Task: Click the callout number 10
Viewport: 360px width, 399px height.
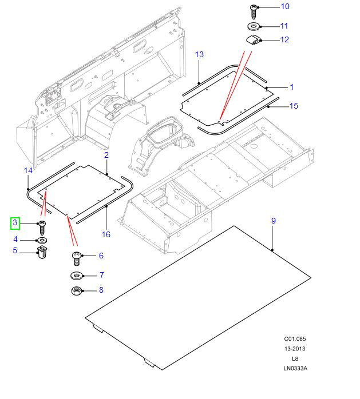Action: tap(284, 7)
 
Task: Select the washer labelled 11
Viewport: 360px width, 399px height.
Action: tap(253, 26)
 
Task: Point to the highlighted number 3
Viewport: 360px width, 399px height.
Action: tap(15, 223)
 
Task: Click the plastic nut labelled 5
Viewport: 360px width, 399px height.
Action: tap(42, 252)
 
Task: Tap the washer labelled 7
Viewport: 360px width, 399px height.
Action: tap(76, 276)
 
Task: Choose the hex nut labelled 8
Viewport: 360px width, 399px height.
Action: tap(76, 291)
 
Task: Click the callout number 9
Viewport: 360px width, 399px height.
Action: tap(274, 221)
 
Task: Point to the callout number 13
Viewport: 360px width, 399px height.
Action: tap(199, 55)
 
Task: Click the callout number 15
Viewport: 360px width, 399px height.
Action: tap(294, 106)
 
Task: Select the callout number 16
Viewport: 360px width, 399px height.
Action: tap(106, 234)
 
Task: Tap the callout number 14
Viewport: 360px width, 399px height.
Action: tap(28, 170)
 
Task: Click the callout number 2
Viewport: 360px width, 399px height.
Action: tap(106, 155)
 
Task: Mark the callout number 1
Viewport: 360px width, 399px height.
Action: tap(291, 87)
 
